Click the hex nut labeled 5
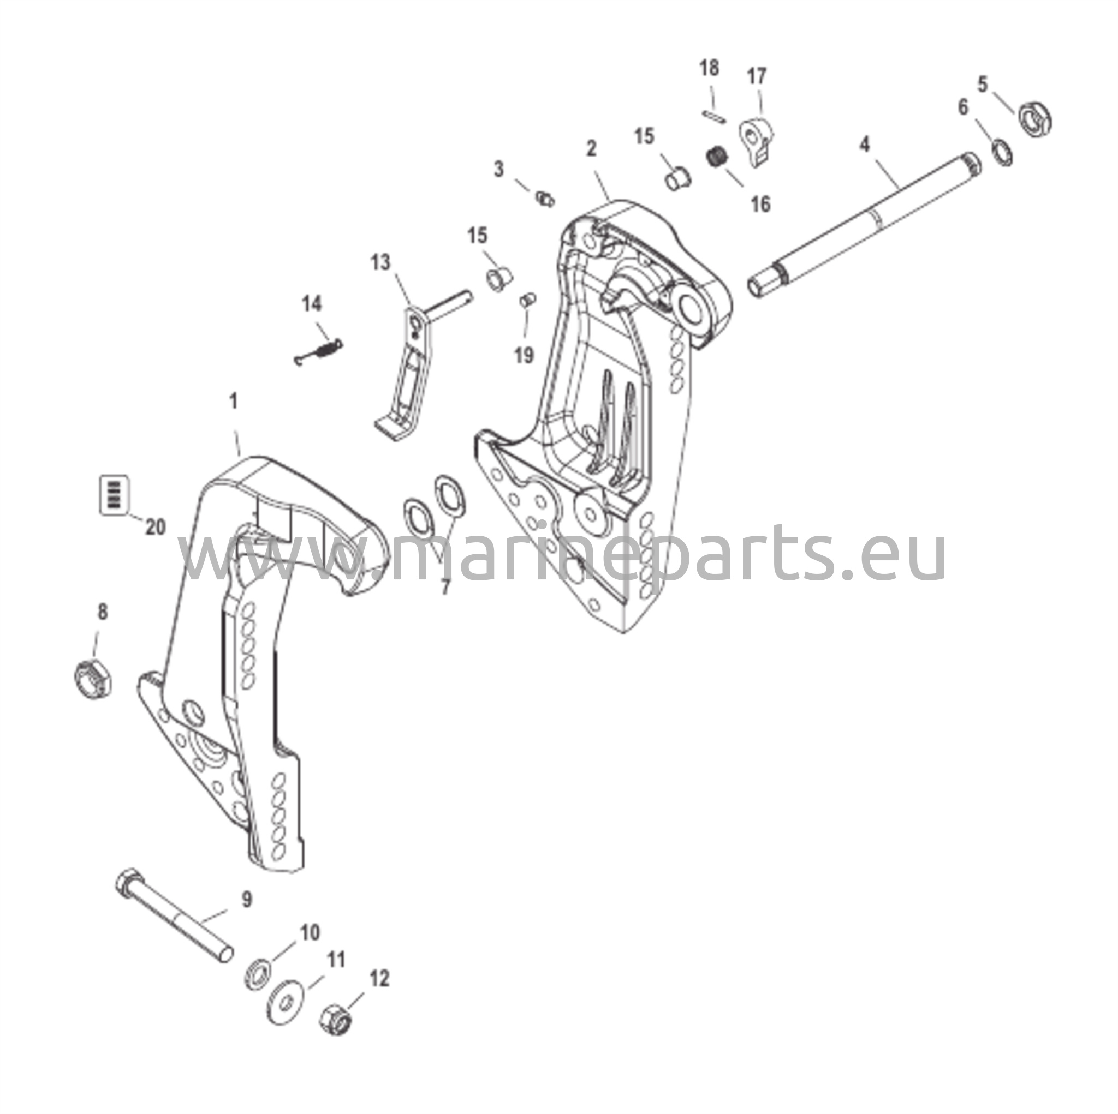[x=1034, y=118]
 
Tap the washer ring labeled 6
[x=1001, y=152]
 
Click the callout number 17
[x=756, y=76]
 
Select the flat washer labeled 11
[x=288, y=1004]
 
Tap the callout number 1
[x=234, y=402]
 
